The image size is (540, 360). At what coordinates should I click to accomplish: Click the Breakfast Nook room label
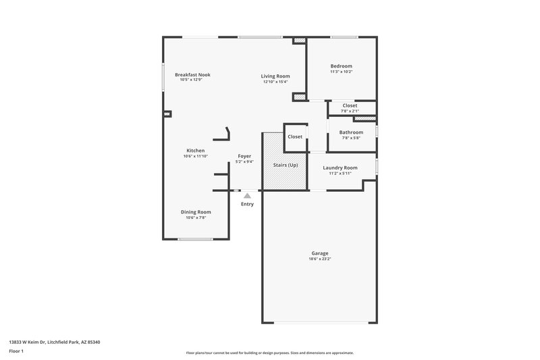click(192, 74)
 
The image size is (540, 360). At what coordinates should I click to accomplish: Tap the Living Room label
click(275, 76)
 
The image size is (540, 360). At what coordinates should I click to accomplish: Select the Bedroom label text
click(341, 66)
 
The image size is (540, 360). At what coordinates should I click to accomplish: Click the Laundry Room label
click(340, 168)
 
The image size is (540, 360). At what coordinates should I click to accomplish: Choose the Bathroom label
click(351, 132)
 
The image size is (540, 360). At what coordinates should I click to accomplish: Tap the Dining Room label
click(196, 212)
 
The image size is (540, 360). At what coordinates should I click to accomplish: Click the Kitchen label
click(196, 151)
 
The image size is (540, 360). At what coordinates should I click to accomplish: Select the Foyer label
click(244, 156)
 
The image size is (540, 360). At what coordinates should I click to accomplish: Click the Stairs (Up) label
click(284, 165)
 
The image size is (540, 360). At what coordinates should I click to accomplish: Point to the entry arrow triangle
click(247, 196)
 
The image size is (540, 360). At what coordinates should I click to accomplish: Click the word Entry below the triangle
click(247, 204)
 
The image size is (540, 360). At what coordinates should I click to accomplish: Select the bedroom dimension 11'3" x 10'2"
click(341, 72)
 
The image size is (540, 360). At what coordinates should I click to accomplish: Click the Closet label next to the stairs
click(295, 136)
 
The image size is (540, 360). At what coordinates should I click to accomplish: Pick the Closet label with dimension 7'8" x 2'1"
click(350, 105)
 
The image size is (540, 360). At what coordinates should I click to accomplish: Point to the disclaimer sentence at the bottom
click(270, 353)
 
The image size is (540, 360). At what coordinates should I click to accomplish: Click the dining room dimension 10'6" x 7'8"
click(196, 217)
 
